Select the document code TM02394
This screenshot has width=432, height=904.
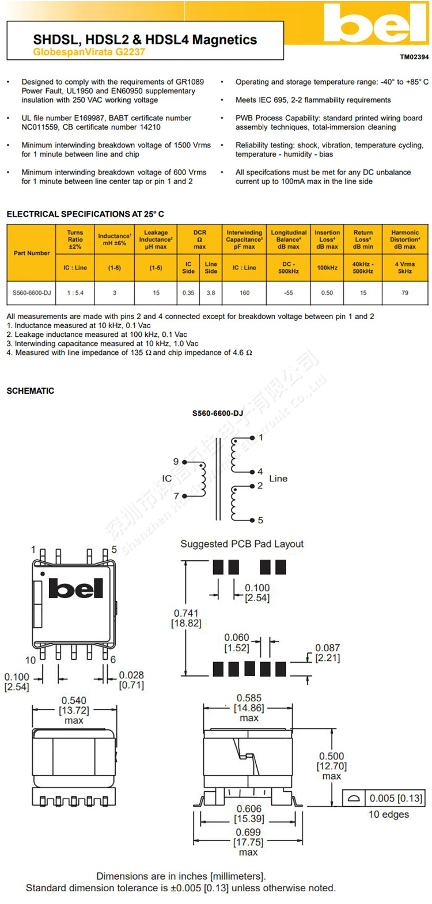414,57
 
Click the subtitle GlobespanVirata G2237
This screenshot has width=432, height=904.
89,52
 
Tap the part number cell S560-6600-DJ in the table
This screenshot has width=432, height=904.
32,293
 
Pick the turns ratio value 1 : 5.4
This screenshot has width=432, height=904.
75,293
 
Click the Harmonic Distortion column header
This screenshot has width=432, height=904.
405,240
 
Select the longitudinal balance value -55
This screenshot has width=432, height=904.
289,293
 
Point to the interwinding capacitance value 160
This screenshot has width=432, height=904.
244,293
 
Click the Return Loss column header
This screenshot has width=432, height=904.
363,240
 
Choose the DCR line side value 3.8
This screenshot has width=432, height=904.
211,293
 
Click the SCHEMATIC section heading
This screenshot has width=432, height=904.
31,391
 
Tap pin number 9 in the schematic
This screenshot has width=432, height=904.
176,462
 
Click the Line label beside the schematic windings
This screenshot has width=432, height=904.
278,478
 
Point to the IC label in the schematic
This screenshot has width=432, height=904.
167,478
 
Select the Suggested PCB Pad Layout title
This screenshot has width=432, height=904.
242,544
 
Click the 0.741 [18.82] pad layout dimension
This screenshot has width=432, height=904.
186,618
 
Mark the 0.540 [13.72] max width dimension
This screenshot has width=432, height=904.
74,711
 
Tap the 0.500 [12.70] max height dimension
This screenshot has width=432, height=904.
332,766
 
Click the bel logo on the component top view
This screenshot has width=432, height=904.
76,588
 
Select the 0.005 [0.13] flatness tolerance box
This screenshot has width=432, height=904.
395,799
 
